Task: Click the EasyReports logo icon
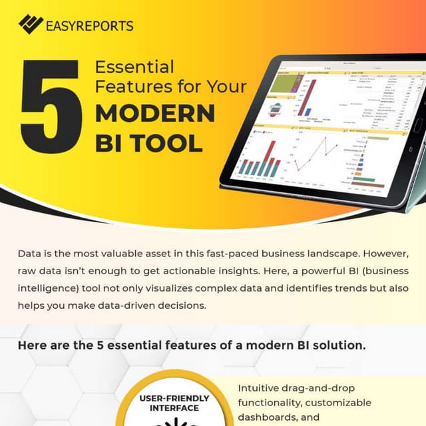30,25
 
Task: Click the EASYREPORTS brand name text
90,26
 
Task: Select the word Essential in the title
134,67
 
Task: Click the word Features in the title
130,87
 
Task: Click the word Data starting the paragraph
29,256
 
